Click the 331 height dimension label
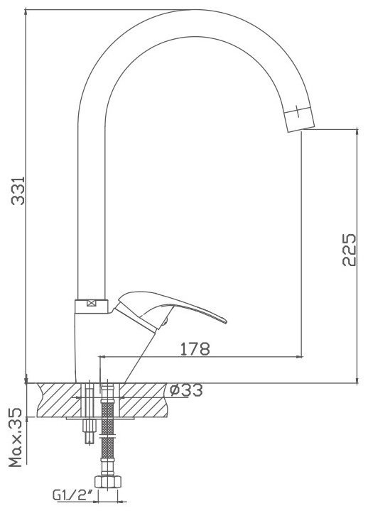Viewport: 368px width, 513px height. (18, 191)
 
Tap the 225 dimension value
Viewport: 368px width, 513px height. (349, 250)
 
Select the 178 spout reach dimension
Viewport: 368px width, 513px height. (195, 349)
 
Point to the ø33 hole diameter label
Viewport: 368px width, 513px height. (186, 390)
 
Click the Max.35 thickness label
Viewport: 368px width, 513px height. (16, 437)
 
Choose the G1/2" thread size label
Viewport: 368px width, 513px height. (72, 495)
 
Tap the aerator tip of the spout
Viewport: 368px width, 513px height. (299, 119)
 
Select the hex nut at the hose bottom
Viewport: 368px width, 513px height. (108, 481)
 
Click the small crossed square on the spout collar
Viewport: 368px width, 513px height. (91, 303)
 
